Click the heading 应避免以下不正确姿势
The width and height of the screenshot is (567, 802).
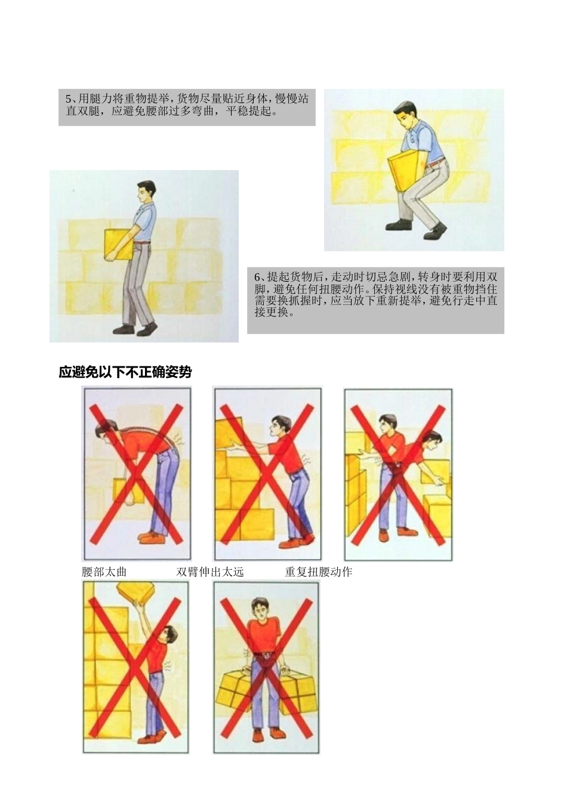tap(125, 372)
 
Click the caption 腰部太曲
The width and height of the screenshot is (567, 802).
tap(104, 572)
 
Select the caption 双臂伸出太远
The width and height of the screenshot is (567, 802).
tap(210, 572)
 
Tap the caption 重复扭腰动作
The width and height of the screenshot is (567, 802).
tap(318, 572)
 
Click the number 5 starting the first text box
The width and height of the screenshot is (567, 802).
tap(68, 99)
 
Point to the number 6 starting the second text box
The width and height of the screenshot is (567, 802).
tap(257, 277)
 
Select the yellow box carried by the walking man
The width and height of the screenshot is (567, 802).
tap(118, 244)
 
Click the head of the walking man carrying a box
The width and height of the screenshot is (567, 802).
tap(146, 192)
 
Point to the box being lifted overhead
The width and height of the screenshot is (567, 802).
tap(136, 590)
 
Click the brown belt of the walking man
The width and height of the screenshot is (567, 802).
tap(143, 242)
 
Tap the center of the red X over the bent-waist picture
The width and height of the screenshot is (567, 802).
tap(137, 474)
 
